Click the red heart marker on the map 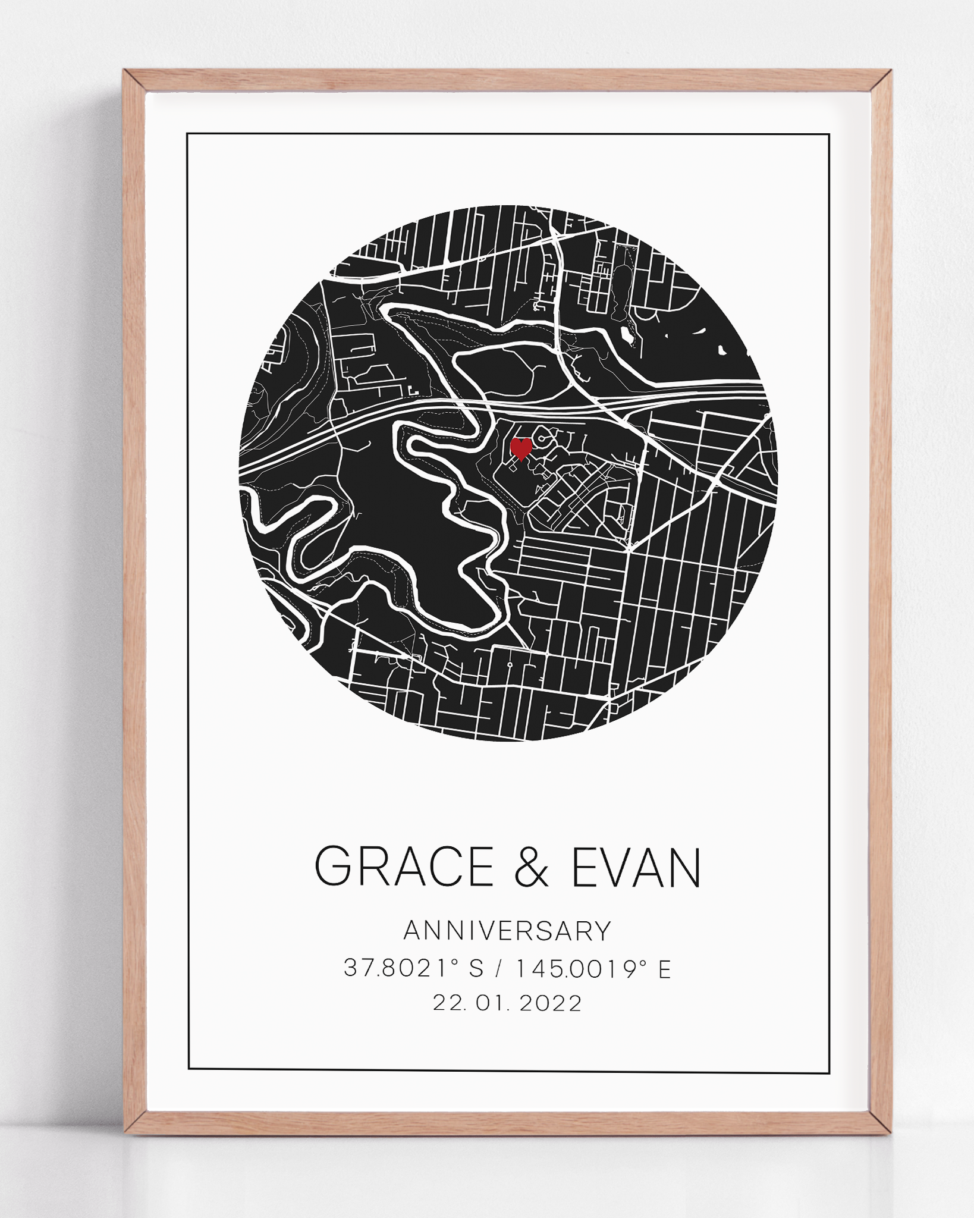(x=521, y=448)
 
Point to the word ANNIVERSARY (x=507, y=931)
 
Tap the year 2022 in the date (x=551, y=1004)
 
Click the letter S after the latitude (x=477, y=969)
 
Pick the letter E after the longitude (x=664, y=969)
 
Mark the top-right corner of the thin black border (x=829, y=135)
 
